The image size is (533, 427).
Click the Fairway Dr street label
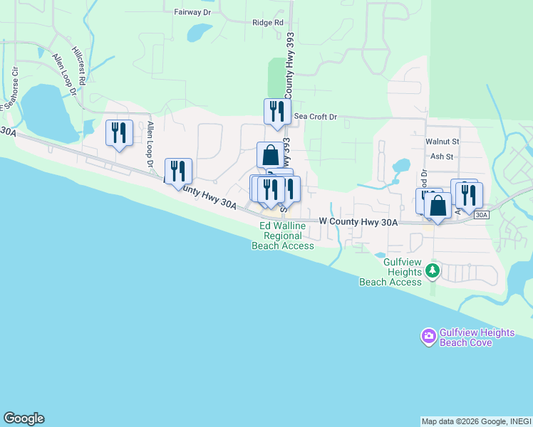[192, 12]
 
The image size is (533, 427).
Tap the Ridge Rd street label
[268, 22]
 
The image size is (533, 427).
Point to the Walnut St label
[443, 142]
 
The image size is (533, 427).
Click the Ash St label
[442, 157]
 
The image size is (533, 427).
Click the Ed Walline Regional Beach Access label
[283, 236]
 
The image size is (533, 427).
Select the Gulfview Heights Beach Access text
[390, 272]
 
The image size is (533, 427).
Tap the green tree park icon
[432, 271]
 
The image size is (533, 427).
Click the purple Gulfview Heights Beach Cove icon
[428, 336]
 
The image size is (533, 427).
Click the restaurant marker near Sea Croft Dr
[277, 111]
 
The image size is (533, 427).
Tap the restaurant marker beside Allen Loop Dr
[119, 132]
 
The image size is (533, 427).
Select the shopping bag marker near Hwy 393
[270, 154]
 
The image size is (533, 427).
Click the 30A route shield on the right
[482, 214]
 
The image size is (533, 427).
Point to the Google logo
[24, 418]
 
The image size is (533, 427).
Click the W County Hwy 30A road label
[358, 223]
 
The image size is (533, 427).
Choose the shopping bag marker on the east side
[438, 206]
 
